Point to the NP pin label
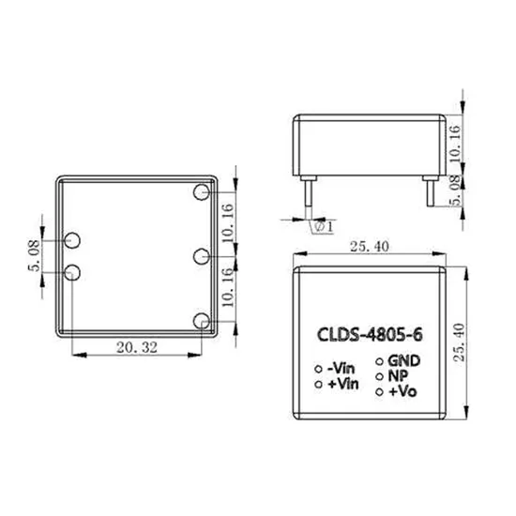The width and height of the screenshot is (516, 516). point(398,374)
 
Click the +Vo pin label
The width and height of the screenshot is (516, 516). point(402,390)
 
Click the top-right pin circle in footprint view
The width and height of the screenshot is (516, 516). point(201,192)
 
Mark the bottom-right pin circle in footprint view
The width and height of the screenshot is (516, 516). point(201,321)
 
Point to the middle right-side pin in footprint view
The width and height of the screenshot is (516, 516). point(201,256)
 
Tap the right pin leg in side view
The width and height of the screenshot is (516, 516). point(430,193)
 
